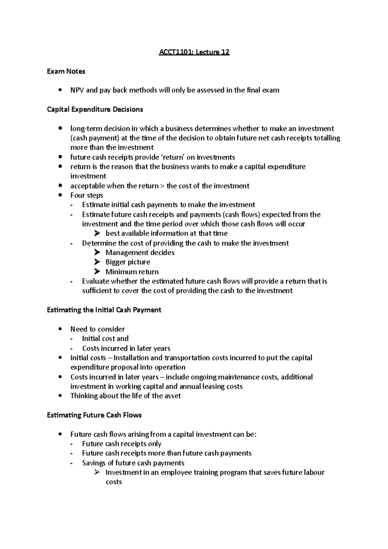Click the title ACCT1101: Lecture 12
pyautogui.click(x=194, y=52)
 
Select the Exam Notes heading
pyautogui.click(x=66, y=71)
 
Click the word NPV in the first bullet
pyautogui.click(x=77, y=90)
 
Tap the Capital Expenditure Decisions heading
pyautogui.click(x=95, y=109)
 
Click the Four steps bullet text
pyautogui.click(x=87, y=195)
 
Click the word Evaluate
pyautogui.click(x=96, y=281)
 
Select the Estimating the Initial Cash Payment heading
pyautogui.click(x=104, y=310)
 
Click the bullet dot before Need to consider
pyautogui.click(x=60, y=329)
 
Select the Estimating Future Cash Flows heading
pyautogui.click(x=94, y=415)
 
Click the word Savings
pyautogui.click(x=94, y=463)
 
